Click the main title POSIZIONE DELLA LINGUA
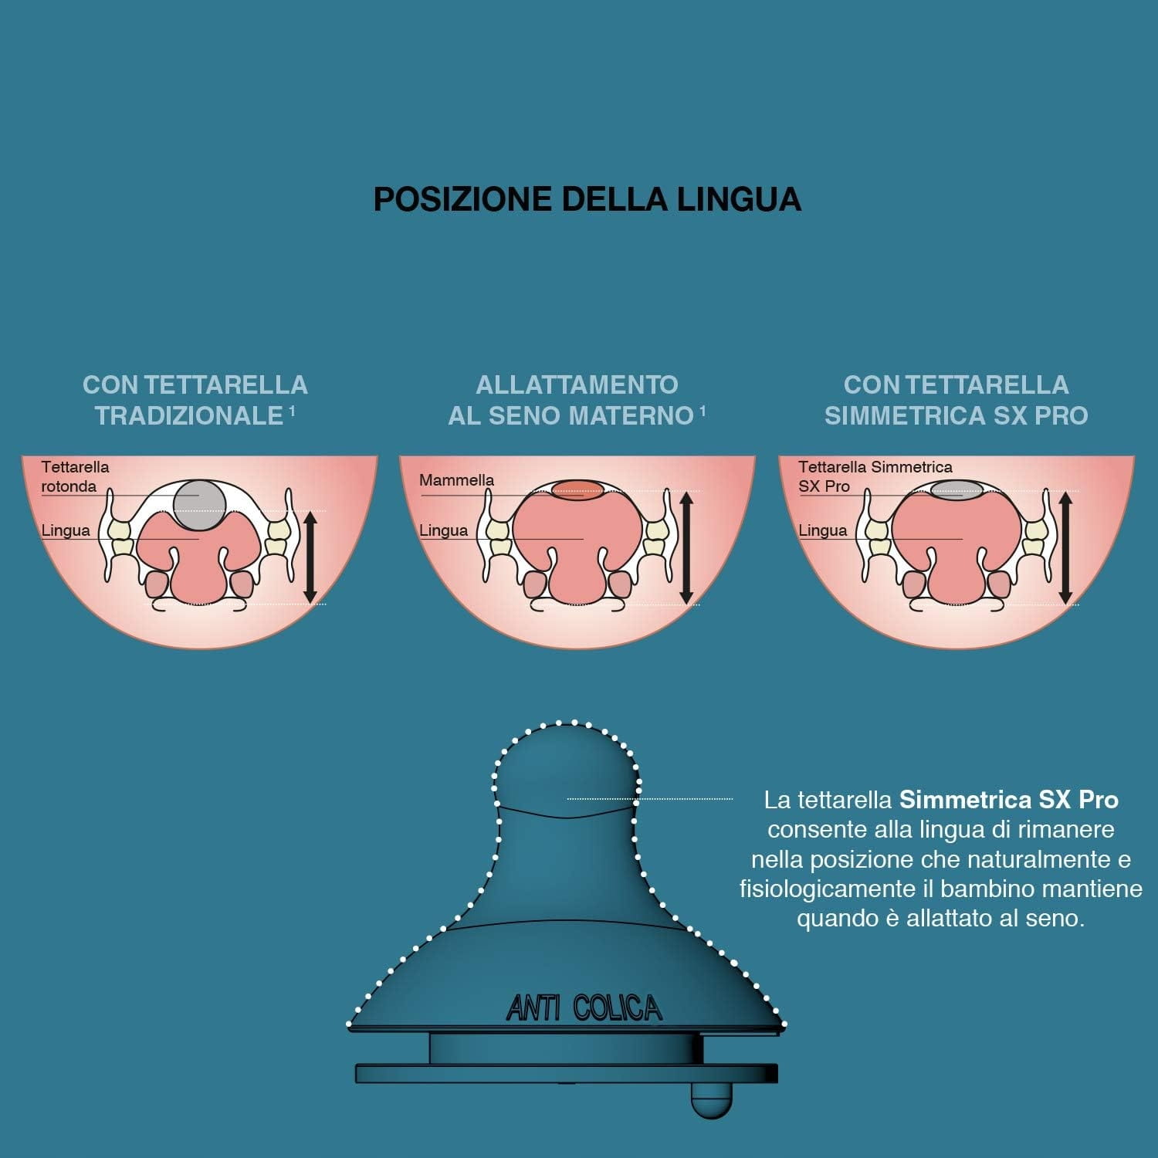point(587,199)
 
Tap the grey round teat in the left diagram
point(199,504)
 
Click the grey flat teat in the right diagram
point(957,489)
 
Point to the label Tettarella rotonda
point(75,476)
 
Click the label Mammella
point(456,480)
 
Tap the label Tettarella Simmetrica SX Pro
point(875,476)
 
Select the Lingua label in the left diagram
point(66,530)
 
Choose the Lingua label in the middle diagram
point(444,530)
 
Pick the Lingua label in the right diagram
point(823,530)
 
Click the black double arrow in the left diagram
point(310,557)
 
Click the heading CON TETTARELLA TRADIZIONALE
point(195,400)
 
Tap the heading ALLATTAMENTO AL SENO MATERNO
point(577,400)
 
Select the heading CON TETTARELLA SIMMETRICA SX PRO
point(957,400)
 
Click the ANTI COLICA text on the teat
point(584,1008)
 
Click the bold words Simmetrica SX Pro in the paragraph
point(1009,799)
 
